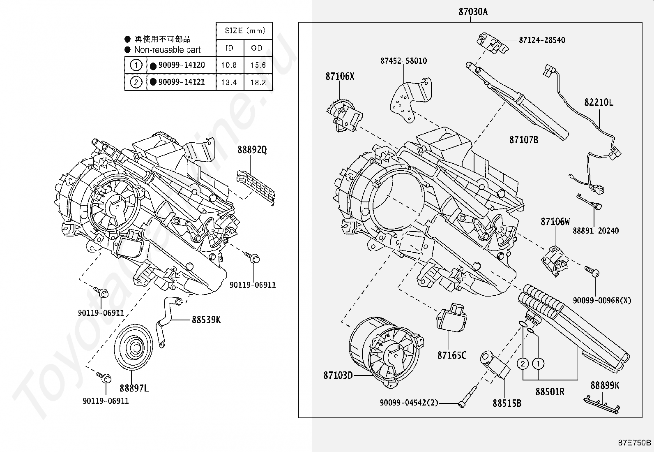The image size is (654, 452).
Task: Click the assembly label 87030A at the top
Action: [x=473, y=12]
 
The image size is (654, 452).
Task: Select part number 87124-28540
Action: [x=542, y=40]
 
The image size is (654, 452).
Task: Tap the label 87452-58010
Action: [x=403, y=61]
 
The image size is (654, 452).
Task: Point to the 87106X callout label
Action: [x=340, y=76]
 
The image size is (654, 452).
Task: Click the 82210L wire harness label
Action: [x=599, y=102]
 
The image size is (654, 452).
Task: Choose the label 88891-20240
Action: [x=596, y=231]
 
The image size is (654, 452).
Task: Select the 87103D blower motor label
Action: [x=338, y=375]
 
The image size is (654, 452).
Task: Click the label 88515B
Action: [x=507, y=403]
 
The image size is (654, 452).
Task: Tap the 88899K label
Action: [x=605, y=385]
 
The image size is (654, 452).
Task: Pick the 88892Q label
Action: [x=252, y=150]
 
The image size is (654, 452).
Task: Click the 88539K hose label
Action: [x=206, y=320]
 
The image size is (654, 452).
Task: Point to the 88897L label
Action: [x=134, y=388]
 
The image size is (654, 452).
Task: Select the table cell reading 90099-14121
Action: [x=181, y=82]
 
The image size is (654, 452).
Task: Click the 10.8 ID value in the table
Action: [x=229, y=65]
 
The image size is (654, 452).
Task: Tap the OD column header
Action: [x=257, y=48]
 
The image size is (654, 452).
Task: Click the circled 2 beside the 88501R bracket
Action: [x=523, y=364]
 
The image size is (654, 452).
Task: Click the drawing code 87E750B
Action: [x=634, y=443]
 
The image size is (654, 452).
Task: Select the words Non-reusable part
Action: [x=167, y=50]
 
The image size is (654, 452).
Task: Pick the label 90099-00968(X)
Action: [x=602, y=301]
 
